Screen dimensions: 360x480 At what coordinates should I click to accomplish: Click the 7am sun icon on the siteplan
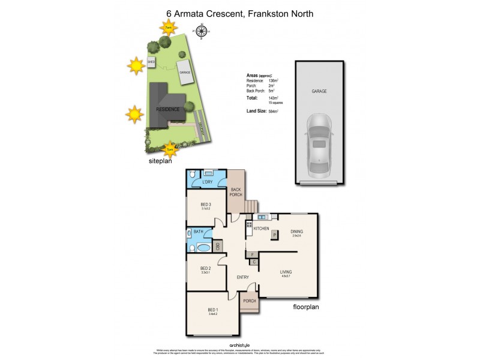tap(169, 27)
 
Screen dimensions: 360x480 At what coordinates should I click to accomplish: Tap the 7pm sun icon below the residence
tap(170, 149)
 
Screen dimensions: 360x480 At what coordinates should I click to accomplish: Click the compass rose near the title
tap(202, 31)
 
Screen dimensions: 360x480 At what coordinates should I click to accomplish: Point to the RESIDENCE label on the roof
tap(167, 110)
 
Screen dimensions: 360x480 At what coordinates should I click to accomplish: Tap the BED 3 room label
tap(206, 205)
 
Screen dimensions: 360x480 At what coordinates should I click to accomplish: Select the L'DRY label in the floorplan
tap(208, 182)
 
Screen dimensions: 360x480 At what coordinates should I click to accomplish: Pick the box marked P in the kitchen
tap(274, 235)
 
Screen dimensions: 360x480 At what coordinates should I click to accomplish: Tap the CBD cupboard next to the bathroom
tap(218, 246)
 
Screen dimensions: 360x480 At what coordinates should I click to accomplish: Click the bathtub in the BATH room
tap(204, 247)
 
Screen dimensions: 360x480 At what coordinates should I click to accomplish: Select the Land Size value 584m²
tap(274, 111)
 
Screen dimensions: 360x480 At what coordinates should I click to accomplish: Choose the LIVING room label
tap(286, 272)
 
